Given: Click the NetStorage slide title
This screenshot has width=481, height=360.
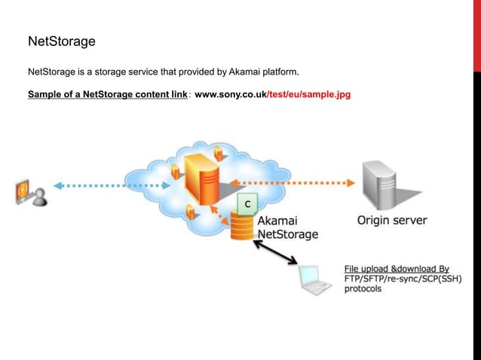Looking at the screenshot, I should [61, 41].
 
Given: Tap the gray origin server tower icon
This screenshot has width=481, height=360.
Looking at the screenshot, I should [381, 183].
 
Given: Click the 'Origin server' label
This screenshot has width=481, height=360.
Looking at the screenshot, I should [391, 221].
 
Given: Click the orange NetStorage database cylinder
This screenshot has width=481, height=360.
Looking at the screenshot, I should [243, 226].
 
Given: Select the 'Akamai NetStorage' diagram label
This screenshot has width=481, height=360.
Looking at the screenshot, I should [287, 228].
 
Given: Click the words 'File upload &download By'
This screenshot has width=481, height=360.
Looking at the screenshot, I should [396, 268].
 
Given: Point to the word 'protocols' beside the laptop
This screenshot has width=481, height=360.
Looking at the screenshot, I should [363, 289].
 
